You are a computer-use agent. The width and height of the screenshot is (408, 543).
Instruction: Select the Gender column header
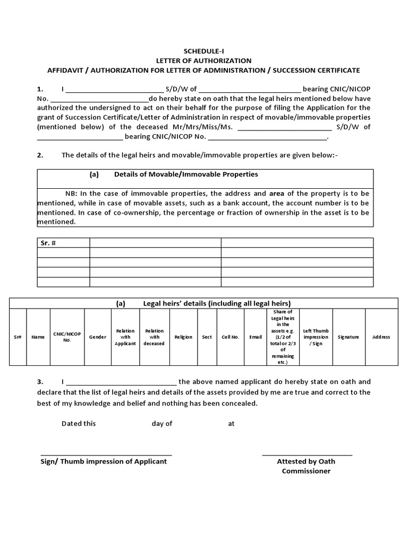coord(97,337)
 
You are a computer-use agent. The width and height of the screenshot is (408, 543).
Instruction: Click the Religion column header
coord(183,337)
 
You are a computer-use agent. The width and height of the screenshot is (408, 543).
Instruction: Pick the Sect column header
coord(207,337)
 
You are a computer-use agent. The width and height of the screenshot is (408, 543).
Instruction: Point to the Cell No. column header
coord(230,337)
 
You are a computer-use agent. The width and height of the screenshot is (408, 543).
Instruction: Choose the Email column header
coord(256,337)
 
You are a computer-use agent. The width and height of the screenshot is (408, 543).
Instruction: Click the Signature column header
coord(348,337)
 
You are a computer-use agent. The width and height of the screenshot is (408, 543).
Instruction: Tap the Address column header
coord(381,337)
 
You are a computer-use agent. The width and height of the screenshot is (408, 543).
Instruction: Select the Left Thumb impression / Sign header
coord(316,337)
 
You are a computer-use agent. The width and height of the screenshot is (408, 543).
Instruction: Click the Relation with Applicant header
coord(125,337)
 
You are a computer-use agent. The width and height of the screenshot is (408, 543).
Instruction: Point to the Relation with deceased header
coord(154,337)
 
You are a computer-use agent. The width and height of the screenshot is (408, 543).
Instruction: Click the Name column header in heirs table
coord(38,337)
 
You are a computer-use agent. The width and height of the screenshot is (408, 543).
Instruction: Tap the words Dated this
coord(79,424)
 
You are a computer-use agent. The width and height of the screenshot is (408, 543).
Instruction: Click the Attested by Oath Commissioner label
coord(306,466)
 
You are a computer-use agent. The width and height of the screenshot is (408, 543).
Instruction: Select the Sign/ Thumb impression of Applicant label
coord(104,461)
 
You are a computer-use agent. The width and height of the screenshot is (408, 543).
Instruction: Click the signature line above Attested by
coord(307,454)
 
